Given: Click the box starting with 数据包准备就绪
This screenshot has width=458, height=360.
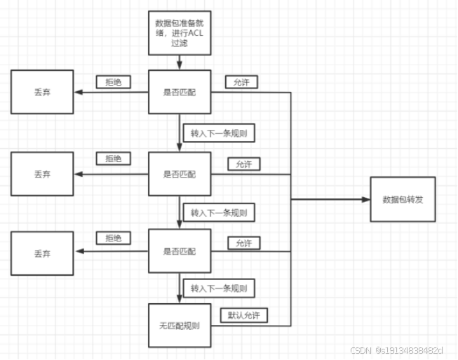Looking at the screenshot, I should click(x=180, y=32).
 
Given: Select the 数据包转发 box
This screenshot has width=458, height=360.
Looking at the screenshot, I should click(x=402, y=199).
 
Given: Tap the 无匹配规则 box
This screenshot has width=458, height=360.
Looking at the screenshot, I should click(x=180, y=325).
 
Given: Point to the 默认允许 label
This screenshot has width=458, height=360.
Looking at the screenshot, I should click(x=243, y=315).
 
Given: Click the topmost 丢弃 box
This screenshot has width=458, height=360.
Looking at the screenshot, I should click(x=41, y=91).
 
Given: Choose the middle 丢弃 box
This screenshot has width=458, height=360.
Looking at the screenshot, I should click(x=41, y=173).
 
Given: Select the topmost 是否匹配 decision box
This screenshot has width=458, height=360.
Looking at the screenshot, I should click(x=180, y=91).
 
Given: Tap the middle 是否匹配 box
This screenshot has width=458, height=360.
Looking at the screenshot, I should click(x=180, y=173).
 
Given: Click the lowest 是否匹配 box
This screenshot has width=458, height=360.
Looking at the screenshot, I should click(x=180, y=251).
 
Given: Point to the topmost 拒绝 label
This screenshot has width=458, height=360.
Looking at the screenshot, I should click(x=113, y=82).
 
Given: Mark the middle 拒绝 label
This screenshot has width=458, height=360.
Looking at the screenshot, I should click(x=113, y=159).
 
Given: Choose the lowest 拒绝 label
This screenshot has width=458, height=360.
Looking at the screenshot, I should click(x=113, y=238).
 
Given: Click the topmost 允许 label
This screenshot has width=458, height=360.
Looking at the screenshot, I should click(x=241, y=82).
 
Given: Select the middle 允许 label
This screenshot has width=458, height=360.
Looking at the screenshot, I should click(x=243, y=164).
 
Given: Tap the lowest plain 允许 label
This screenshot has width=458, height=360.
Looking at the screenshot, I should click(x=243, y=244).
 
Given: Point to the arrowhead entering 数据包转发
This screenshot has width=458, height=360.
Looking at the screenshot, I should click(x=365, y=199).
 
